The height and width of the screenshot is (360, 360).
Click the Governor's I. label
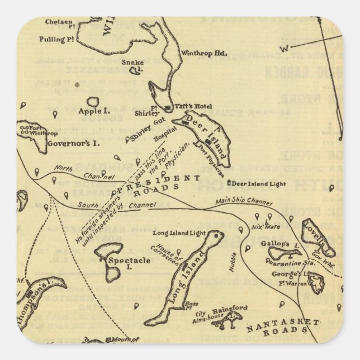73,143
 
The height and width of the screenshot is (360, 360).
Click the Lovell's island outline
318,231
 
